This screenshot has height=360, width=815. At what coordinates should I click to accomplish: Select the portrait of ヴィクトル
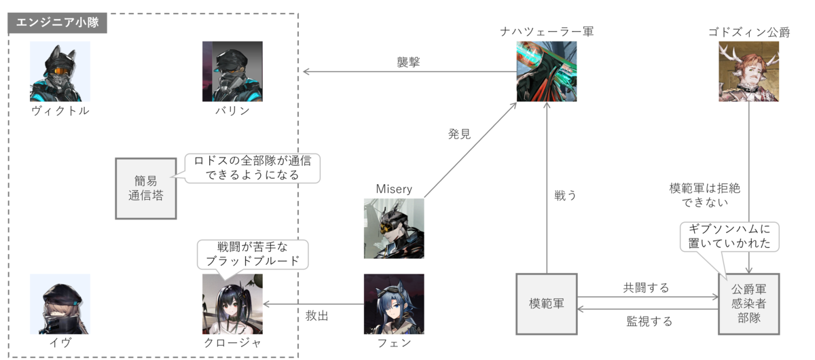click(60, 71)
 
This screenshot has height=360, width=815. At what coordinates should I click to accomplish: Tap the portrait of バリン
click(232, 71)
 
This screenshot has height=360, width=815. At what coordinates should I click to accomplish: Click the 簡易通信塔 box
click(145, 188)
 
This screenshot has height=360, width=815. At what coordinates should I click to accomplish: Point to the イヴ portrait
click(60, 304)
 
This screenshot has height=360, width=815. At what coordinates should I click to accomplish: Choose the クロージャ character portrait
click(232, 304)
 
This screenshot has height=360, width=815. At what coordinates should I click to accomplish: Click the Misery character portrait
click(394, 228)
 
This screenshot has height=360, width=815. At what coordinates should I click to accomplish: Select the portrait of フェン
click(394, 304)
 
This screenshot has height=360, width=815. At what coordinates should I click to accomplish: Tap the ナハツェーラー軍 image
click(547, 71)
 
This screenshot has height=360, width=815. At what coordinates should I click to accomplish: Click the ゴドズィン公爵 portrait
click(749, 71)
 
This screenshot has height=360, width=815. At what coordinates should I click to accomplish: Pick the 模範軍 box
click(547, 304)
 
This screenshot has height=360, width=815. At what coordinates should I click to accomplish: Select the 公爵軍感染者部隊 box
click(749, 304)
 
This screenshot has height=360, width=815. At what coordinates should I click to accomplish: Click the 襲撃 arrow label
click(409, 62)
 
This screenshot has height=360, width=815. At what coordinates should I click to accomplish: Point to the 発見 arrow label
click(459, 134)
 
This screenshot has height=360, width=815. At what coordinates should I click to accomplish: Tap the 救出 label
click(317, 316)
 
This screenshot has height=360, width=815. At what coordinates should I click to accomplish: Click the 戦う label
click(565, 196)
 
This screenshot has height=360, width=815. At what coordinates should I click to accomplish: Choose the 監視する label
click(649, 321)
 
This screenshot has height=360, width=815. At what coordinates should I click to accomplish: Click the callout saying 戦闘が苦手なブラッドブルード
click(253, 254)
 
